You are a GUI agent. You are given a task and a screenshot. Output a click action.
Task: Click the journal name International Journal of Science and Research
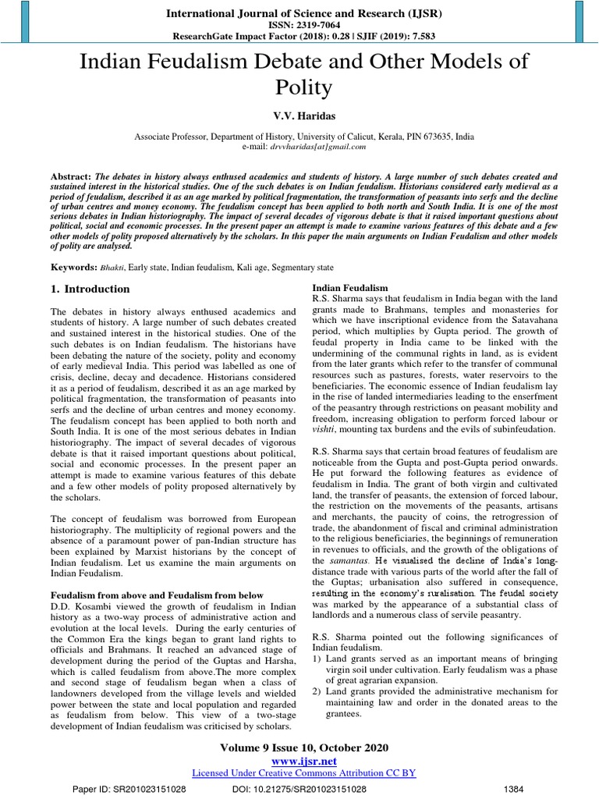tap(299, 12)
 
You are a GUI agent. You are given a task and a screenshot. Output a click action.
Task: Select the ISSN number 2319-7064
tap(299, 25)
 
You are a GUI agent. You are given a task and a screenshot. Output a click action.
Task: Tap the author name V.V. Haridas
tap(299, 115)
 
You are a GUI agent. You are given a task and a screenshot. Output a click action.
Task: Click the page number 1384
tap(515, 788)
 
